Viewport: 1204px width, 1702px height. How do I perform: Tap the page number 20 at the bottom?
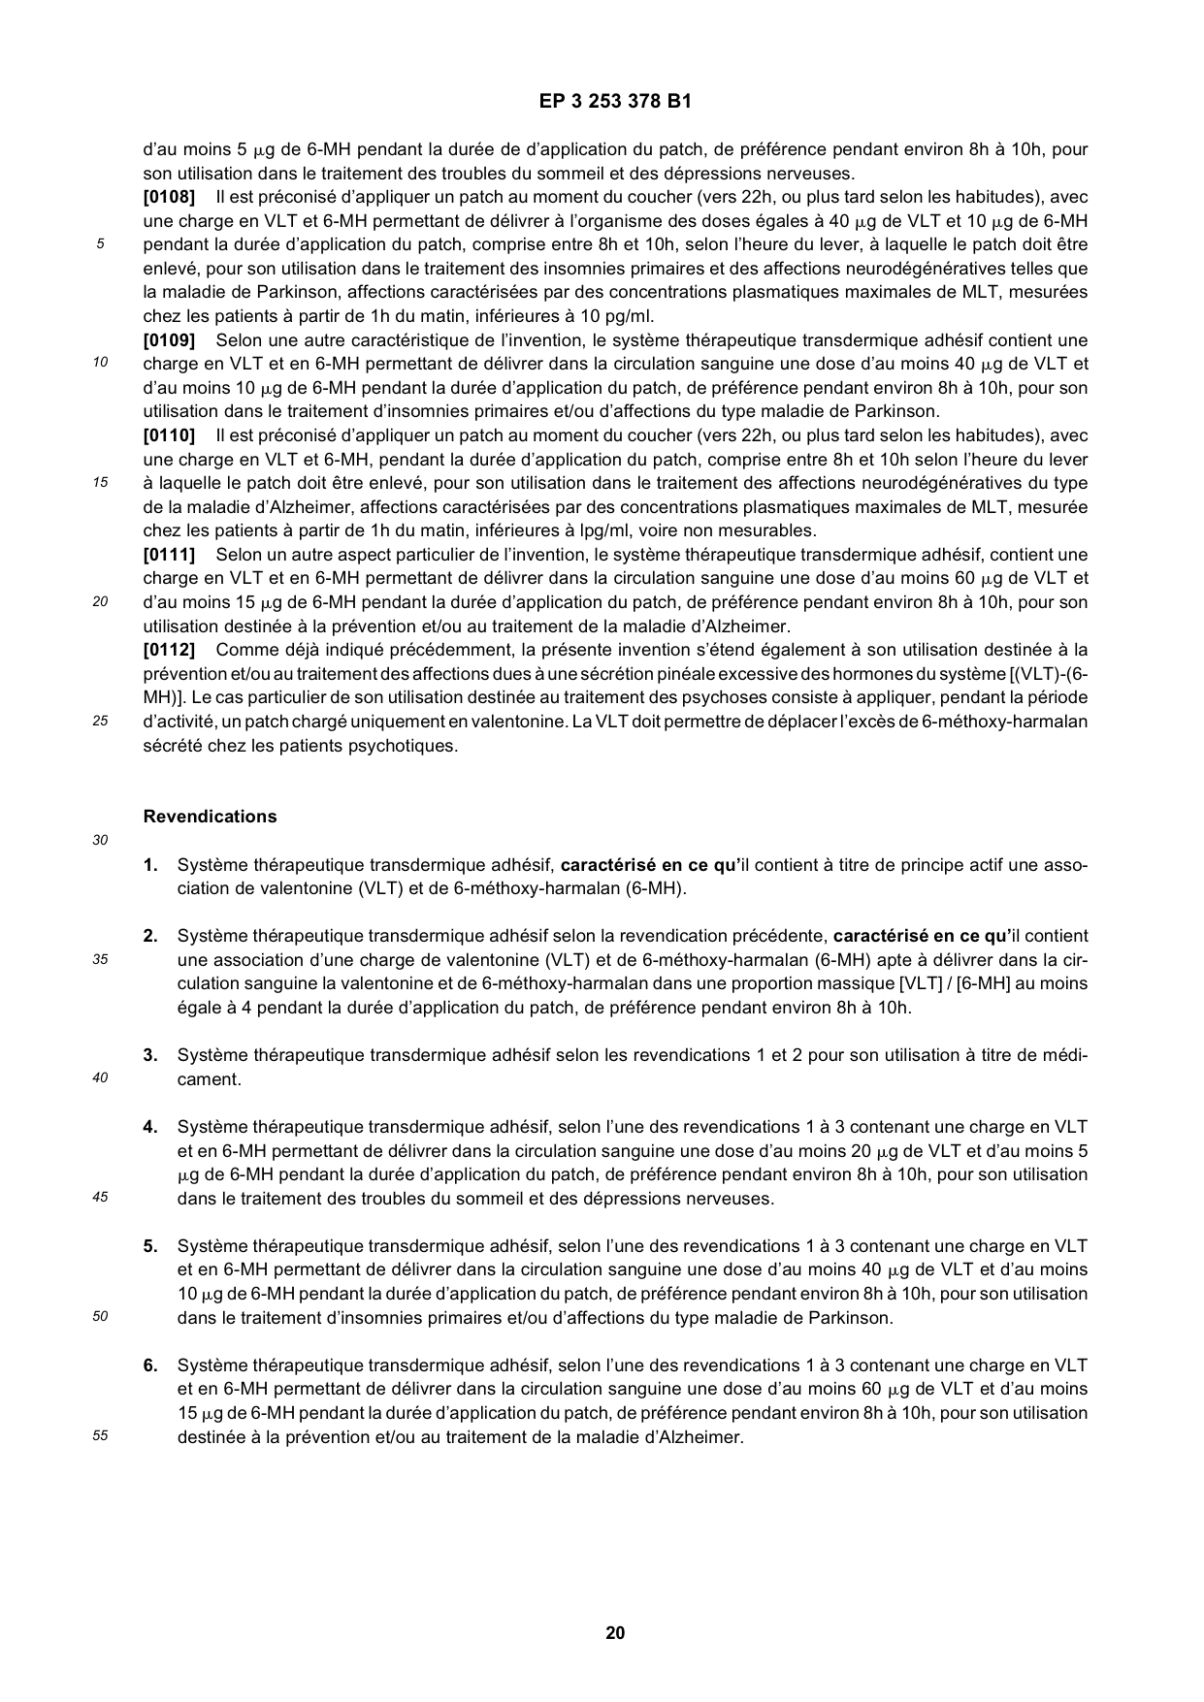(615, 1632)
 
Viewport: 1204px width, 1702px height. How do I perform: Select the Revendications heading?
(210, 817)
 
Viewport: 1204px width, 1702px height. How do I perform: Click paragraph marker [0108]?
(169, 198)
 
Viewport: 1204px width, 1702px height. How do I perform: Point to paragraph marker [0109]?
(169, 340)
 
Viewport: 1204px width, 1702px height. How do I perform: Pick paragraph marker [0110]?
(169, 435)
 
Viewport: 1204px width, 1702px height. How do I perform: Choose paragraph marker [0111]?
(169, 555)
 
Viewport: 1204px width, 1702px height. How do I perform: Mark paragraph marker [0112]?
(169, 650)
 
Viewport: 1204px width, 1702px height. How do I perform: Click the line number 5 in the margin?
(99, 245)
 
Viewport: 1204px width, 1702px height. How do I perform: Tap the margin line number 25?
(99, 722)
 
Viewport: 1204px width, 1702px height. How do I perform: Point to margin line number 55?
(99, 1437)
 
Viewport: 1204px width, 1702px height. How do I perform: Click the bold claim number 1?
(150, 865)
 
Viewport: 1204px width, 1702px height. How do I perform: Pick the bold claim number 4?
(150, 1127)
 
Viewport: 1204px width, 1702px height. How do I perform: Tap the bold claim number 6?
(150, 1365)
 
